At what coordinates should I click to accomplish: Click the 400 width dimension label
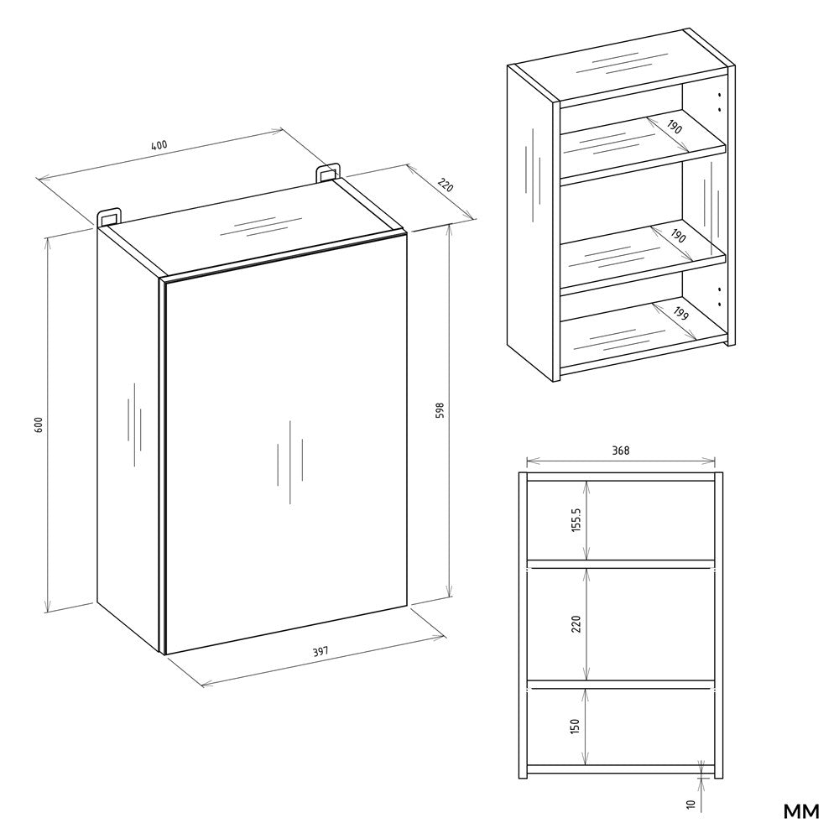point(159,145)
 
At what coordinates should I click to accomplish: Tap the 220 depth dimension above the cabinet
point(446,185)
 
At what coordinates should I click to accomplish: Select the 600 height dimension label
point(38,425)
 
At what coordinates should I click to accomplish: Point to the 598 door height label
point(440,410)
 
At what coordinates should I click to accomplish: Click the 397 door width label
point(320,651)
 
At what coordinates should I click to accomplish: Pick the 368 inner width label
point(621,451)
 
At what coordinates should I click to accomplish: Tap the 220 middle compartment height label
point(576,624)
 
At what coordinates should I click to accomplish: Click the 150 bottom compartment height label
point(576,726)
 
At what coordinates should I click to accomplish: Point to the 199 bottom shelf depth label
point(680,314)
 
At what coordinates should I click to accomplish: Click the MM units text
point(801,811)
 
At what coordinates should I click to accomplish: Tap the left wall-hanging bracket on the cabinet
point(108,216)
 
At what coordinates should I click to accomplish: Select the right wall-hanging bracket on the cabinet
point(327,173)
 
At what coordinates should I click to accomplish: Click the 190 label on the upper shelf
point(675,128)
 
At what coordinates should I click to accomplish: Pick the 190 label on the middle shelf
point(678,236)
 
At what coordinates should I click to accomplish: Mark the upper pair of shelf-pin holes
point(720,102)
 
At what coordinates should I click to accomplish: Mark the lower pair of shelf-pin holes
point(720,297)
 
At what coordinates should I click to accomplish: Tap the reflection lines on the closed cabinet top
point(262,227)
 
